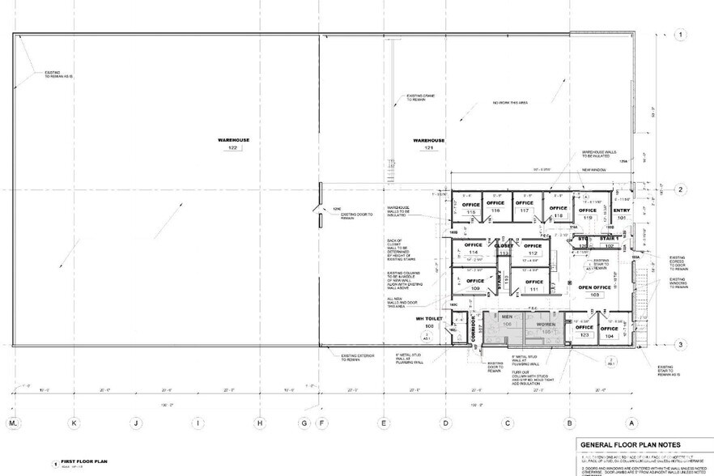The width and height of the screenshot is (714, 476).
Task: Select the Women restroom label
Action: tap(545, 325)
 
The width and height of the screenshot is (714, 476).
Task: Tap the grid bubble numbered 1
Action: tap(682, 35)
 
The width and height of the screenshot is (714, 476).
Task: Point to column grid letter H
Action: tap(259, 423)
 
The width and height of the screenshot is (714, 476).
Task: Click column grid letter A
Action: tap(631, 423)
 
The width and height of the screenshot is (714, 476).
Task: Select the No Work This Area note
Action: tap(512, 103)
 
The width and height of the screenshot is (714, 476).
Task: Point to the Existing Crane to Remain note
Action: tap(416, 97)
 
